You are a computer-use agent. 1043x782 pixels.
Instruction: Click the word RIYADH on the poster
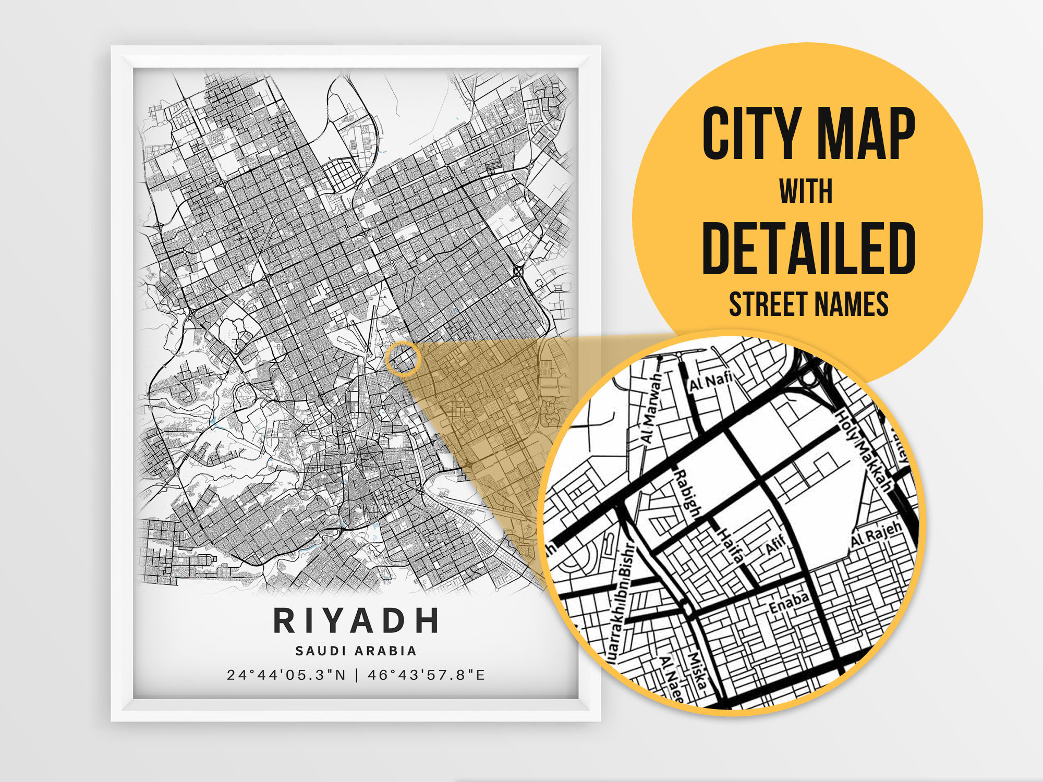coord(356,620)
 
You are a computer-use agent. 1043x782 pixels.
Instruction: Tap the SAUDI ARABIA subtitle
coord(356,651)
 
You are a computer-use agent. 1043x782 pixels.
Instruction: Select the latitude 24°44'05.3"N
coord(286,675)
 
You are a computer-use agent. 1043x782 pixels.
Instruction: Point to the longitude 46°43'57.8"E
coord(427,675)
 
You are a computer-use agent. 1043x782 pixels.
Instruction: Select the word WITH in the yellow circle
coord(806,191)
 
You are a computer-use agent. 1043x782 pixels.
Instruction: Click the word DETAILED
coord(808,248)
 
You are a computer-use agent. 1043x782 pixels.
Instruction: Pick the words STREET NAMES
coord(808,304)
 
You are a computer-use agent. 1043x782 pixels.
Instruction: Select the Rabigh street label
coord(688,492)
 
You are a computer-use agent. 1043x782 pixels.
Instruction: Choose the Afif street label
coord(775,545)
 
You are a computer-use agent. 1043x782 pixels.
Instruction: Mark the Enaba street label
coord(789,603)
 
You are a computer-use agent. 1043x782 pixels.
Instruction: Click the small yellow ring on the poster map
coord(403,359)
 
